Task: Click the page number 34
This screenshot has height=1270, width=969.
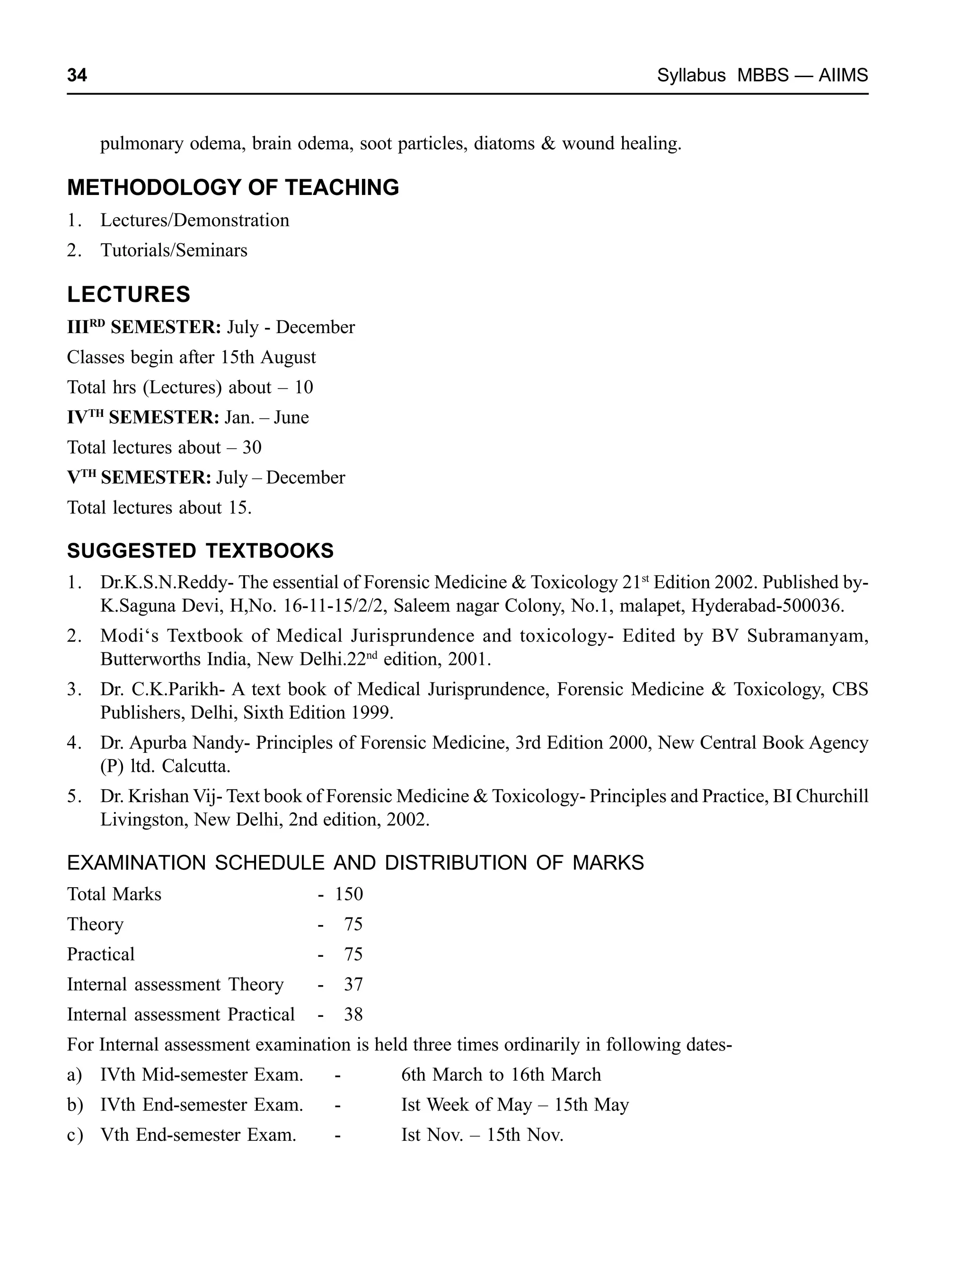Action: pyautogui.click(x=77, y=76)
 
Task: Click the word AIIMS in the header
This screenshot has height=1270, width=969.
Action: pyautogui.click(x=843, y=76)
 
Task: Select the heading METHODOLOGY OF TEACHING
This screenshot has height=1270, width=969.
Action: pyautogui.click(x=233, y=188)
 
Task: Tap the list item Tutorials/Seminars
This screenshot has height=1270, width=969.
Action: pyautogui.click(x=174, y=250)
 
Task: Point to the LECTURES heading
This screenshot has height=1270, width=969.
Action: pyautogui.click(x=129, y=295)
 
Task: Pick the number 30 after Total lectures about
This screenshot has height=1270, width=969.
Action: pyautogui.click(x=252, y=448)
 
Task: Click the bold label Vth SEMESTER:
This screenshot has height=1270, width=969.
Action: pyautogui.click(x=139, y=477)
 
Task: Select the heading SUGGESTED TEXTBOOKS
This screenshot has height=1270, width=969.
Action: pyautogui.click(x=200, y=551)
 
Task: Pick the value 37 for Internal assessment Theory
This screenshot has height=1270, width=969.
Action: pyautogui.click(x=353, y=985)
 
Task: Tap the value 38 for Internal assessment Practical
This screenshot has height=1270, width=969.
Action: pyautogui.click(x=353, y=1014)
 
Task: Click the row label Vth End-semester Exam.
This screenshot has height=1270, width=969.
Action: pyautogui.click(x=198, y=1135)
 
